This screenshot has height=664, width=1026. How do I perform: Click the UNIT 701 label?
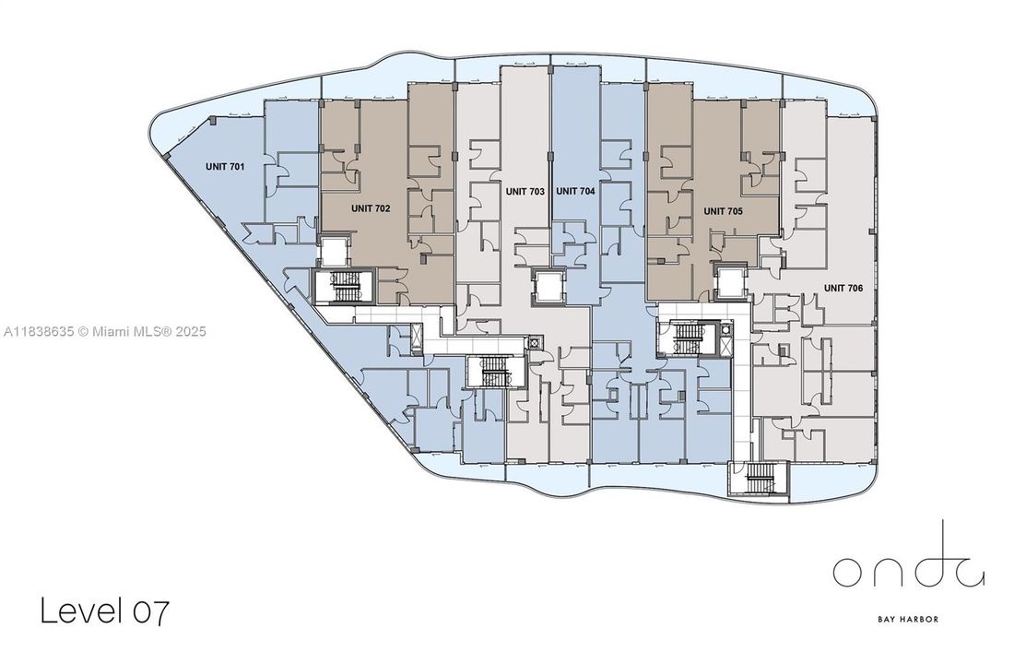coord(225,167)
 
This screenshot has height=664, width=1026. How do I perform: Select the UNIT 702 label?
coord(371,208)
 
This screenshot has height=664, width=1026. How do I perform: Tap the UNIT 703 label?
coord(525,192)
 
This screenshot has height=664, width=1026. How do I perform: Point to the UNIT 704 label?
coord(575,192)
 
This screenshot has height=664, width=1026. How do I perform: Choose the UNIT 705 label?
coord(724,210)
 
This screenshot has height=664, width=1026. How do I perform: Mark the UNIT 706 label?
coord(843,288)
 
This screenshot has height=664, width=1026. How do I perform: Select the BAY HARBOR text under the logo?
coord(908,619)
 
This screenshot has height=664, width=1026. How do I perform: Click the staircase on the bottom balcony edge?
coord(761,478)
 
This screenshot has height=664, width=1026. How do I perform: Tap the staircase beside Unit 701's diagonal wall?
coord(346,288)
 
